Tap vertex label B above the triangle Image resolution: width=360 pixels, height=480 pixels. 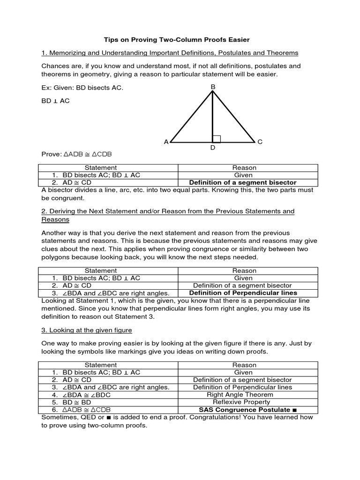click(x=213, y=86)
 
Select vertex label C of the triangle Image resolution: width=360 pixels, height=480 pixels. click(x=259, y=142)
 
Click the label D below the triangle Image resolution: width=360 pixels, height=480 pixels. click(x=213, y=148)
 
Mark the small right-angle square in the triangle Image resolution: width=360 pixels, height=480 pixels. click(x=217, y=138)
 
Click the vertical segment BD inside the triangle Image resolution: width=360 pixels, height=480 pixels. click(x=213, y=117)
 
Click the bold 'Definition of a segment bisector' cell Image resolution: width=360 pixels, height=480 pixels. click(x=242, y=182)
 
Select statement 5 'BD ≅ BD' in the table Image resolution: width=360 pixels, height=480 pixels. click(x=76, y=402)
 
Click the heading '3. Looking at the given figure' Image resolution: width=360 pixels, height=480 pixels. click(x=87, y=330)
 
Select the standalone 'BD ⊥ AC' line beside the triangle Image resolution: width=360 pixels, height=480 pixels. click(x=56, y=101)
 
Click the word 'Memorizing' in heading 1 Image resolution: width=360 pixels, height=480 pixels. click(x=67, y=53)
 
